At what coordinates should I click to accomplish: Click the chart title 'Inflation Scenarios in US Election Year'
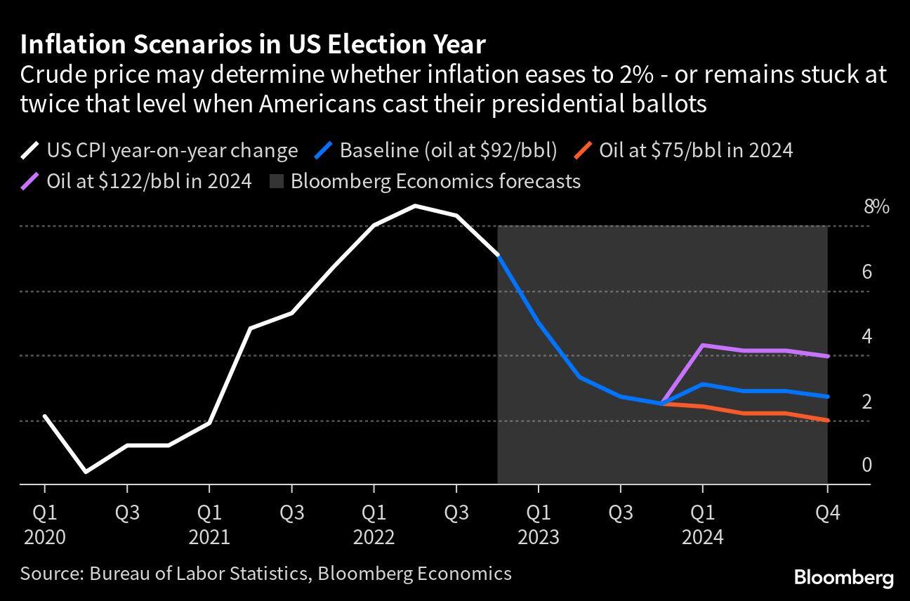253,45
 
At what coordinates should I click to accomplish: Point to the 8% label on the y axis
876,207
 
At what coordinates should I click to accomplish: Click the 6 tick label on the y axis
867,272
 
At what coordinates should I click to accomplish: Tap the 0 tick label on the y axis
867,465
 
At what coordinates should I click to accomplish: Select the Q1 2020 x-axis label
45,524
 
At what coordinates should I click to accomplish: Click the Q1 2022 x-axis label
374,524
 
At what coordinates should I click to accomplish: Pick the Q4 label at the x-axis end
827,513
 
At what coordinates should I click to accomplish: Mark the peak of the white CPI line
415,206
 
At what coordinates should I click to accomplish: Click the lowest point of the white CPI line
86,472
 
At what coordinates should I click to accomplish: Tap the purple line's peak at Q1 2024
703,345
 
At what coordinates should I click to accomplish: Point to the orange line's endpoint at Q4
827,420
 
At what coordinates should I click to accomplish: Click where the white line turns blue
498,256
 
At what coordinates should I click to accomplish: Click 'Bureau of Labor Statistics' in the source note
199,574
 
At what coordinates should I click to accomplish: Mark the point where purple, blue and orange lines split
661,404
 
